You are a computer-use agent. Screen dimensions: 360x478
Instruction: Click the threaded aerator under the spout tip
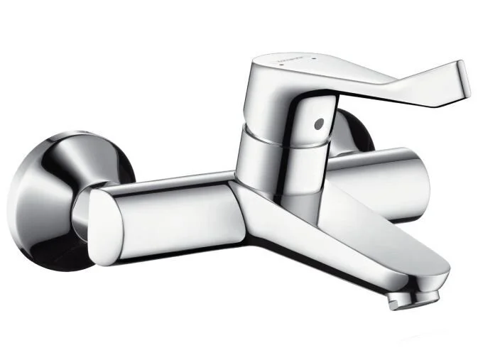[x=411, y=298]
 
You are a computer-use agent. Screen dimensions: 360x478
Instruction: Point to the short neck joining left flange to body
[x=85, y=206]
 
